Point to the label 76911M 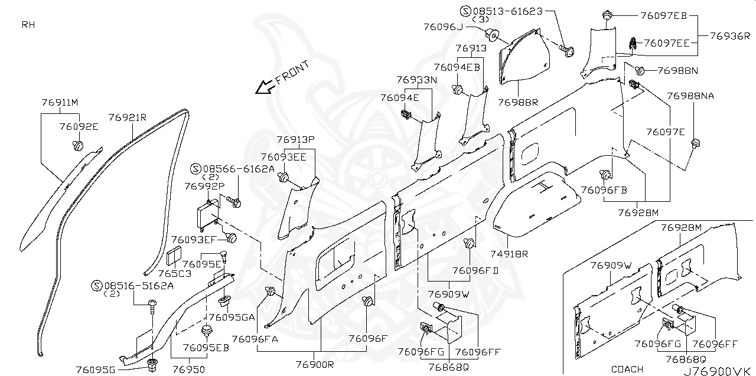coord(60,103)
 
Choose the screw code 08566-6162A coord(239,168)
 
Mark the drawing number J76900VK coord(717,371)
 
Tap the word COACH coord(627,369)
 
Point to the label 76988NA coord(690,96)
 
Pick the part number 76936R coord(729,35)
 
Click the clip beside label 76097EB coord(608,15)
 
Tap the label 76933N coord(416,79)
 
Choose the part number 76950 coord(189,370)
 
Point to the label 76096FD coord(475,270)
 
